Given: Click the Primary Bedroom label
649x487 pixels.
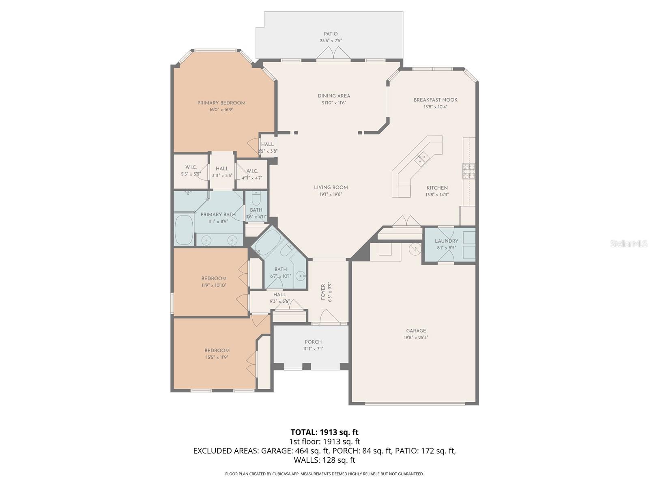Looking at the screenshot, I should [x=221, y=103].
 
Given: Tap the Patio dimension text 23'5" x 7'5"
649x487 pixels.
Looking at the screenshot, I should [x=331, y=41].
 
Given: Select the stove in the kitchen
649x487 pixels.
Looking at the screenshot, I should [x=468, y=171].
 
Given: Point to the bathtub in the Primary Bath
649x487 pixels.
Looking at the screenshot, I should [x=184, y=230].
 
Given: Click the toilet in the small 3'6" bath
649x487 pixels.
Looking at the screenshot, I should [x=256, y=198].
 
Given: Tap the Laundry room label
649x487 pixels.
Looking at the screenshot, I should [x=446, y=241].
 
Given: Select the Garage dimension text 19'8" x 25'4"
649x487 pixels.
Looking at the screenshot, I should [x=416, y=338].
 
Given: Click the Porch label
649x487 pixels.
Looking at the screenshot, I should [x=313, y=342].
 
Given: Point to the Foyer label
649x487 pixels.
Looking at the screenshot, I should [x=323, y=292].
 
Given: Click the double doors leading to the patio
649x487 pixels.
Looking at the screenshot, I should [x=333, y=54].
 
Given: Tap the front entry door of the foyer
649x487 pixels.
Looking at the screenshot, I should [x=329, y=317].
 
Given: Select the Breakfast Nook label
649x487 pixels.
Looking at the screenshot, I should [x=435, y=100].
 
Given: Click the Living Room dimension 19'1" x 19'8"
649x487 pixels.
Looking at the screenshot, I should [x=331, y=194].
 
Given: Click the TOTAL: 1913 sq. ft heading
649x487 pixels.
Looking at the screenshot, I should [x=324, y=432].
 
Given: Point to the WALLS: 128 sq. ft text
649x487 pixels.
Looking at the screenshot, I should [x=324, y=460].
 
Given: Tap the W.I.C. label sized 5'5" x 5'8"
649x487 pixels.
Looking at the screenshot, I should [x=191, y=167].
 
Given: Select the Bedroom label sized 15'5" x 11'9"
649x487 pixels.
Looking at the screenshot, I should [x=217, y=350].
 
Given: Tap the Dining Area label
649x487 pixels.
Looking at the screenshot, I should [x=333, y=96].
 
